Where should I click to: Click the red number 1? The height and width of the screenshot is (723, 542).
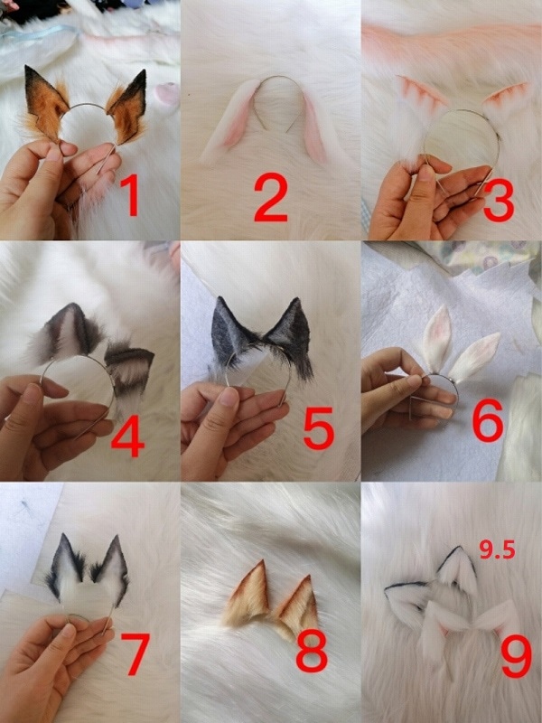click(x=131, y=196)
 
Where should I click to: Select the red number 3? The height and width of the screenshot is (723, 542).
click(x=499, y=201)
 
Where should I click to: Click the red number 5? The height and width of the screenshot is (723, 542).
click(x=318, y=427)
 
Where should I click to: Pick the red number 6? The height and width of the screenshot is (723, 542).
click(x=488, y=419)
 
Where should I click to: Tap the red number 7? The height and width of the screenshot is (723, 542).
click(x=135, y=653)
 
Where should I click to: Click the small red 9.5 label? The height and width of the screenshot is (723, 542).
click(x=497, y=549)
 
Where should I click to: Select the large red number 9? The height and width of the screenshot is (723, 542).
click(x=516, y=656)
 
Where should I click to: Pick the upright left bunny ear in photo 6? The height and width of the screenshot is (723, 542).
click(x=436, y=338)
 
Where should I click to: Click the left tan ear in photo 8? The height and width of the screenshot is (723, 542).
click(x=249, y=594)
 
